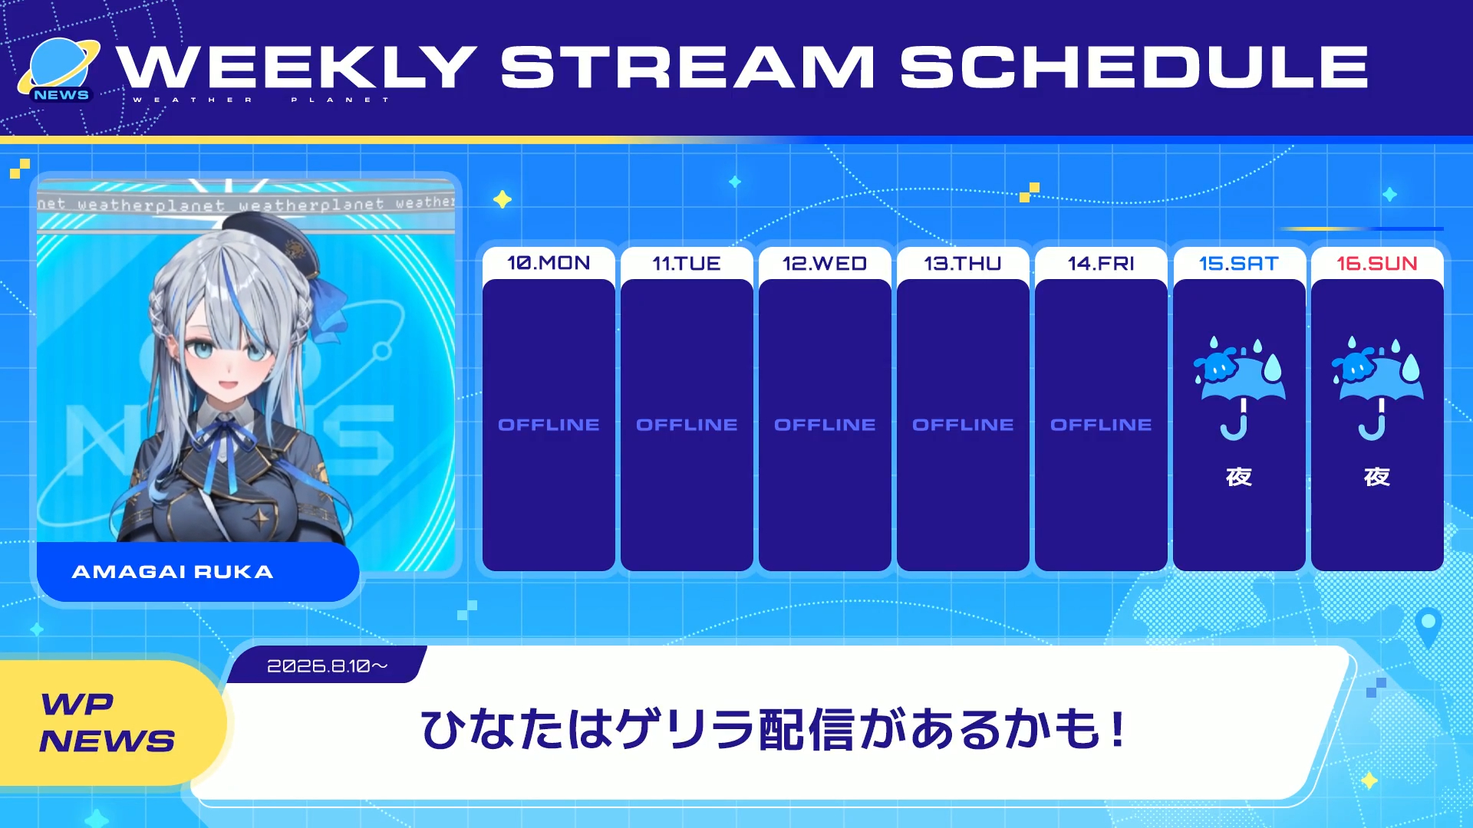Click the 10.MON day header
549,263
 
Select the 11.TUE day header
687,263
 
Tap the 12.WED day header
825,263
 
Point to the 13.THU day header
963,263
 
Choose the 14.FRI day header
1101,263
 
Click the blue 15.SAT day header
1239,263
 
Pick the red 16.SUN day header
1377,263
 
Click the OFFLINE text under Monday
549,425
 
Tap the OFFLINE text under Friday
1101,425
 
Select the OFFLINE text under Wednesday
825,425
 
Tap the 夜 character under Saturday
1239,477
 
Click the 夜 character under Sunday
1377,477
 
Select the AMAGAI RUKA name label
173,572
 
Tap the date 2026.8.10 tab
328,665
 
